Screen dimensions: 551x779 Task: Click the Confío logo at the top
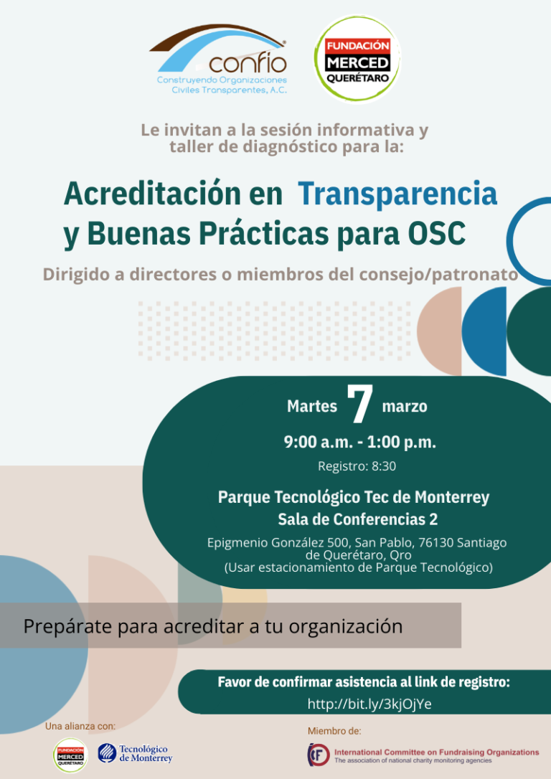219,59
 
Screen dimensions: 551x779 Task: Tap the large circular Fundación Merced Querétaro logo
357,59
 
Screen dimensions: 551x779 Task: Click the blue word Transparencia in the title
397,194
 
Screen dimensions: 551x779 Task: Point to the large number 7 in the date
359,405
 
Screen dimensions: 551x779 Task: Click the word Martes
312,407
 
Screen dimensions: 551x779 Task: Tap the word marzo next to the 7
405,407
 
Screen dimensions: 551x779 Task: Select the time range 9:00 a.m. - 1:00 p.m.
359,442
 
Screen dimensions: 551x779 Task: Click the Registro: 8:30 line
357,466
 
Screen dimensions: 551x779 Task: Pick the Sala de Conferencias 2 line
358,519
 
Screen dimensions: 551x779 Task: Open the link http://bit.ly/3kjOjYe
369,704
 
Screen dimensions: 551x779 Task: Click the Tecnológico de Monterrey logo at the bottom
135,753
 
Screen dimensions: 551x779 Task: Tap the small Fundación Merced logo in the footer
70,755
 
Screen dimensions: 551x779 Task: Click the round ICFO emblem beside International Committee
319,755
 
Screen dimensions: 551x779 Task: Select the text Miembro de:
334,731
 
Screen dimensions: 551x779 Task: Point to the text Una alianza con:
80,727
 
